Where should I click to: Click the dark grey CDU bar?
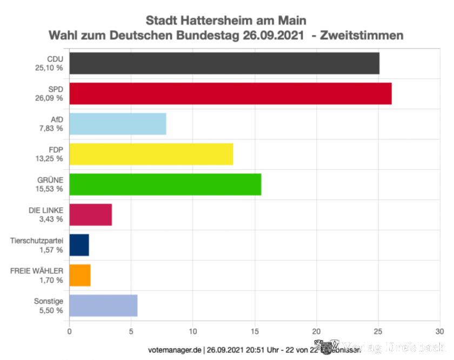[224, 63]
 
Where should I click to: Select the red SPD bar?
[230, 94]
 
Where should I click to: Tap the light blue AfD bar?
[118, 124]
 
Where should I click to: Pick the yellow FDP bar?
[151, 154]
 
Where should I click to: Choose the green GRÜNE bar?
[165, 184]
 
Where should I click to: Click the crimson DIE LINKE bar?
[91, 215]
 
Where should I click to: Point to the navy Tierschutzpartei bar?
[79, 245]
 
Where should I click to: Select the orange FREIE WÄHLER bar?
[80, 275]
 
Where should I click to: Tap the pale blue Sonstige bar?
[104, 305]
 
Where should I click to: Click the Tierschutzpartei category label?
[37, 239]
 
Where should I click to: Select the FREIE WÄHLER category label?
[37, 270]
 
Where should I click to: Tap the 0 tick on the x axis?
[70, 331]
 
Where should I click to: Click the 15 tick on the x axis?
[255, 331]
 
